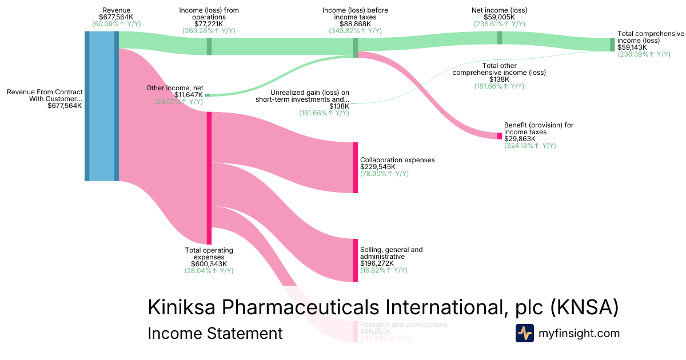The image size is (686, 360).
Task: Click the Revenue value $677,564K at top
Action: [116, 18]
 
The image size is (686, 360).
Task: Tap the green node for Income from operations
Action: [209, 46]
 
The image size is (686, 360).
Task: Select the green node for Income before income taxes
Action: [355, 47]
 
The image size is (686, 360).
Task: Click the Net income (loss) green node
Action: [500, 38]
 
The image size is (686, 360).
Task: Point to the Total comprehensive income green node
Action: [612, 45]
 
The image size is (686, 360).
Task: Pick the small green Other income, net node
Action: [207, 95]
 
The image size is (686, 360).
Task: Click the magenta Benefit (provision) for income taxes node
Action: [500, 136]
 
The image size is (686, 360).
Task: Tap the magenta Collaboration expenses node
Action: [355, 167]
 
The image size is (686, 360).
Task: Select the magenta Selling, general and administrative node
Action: [355, 260]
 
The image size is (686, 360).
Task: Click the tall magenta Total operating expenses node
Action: [209, 178]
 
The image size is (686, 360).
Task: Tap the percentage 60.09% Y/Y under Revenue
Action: [116, 25]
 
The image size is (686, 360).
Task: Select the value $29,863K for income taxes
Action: [520, 139]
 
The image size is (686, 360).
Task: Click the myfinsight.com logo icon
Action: [524, 333]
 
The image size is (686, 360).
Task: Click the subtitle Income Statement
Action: [215, 334]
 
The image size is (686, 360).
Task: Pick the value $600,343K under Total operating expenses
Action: [209, 263]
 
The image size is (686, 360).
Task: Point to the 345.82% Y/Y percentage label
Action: [355, 31]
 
